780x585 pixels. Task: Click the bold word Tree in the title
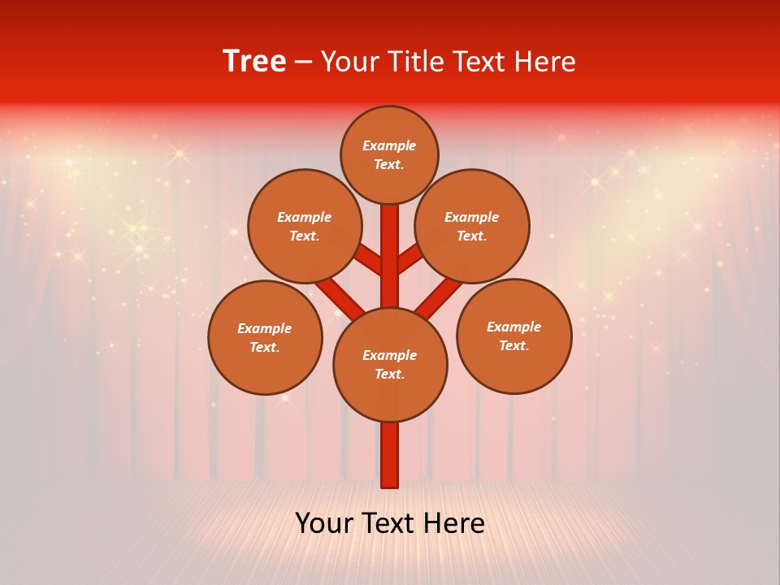[254, 61]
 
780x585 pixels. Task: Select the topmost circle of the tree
[389, 154]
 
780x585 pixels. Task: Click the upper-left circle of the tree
[305, 226]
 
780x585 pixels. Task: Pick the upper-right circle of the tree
[472, 226]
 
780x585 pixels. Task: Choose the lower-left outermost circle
[265, 337]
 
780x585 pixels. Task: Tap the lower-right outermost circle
[513, 336]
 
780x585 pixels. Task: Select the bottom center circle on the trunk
[390, 364]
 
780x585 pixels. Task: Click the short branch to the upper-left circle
[370, 259]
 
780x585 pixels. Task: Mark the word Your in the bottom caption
[325, 523]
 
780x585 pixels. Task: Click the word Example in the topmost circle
[389, 145]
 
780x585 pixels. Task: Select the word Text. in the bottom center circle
[389, 374]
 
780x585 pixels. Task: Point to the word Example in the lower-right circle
[513, 327]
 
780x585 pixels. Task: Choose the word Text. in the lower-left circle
[265, 347]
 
